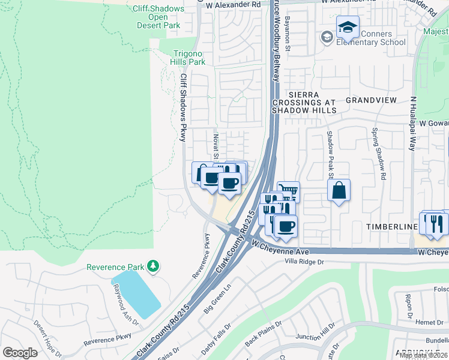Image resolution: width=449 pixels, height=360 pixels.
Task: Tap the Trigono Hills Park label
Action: click(189, 58)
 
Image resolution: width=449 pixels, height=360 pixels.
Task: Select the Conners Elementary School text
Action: click(370, 38)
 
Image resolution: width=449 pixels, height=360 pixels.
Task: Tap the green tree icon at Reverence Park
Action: click(154, 265)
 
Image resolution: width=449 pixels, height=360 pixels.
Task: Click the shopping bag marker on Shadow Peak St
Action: click(339, 190)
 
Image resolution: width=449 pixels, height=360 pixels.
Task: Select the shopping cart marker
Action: click(289, 191)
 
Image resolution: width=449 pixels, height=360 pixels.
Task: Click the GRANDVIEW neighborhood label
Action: click(368, 101)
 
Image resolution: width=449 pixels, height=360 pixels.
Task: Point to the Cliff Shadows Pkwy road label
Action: click(184, 108)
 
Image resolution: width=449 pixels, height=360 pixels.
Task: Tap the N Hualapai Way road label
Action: click(413, 125)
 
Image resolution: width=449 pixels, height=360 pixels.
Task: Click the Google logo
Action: click(20, 353)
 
